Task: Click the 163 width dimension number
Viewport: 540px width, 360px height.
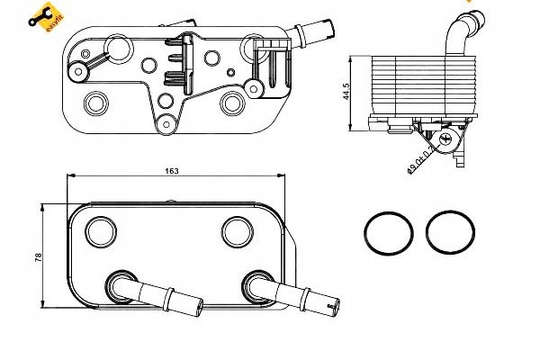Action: pyautogui.click(x=173, y=170)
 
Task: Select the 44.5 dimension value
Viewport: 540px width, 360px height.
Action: pyautogui.click(x=358, y=91)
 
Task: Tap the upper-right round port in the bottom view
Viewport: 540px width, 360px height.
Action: pyautogui.click(x=240, y=230)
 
